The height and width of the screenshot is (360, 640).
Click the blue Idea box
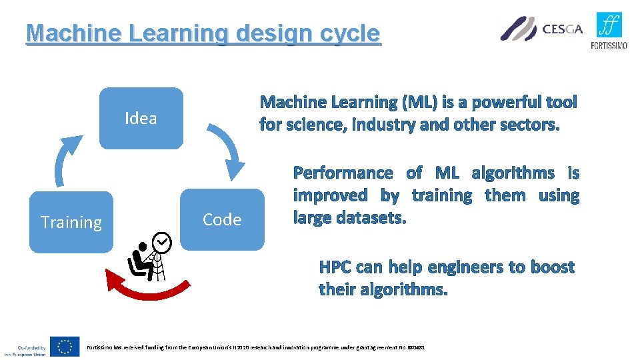(141, 118)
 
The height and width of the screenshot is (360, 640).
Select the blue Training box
(71, 222)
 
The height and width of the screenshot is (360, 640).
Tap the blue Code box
(222, 219)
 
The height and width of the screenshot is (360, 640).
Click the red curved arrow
(151, 291)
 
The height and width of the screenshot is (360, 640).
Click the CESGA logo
(541, 29)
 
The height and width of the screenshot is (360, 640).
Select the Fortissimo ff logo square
(609, 25)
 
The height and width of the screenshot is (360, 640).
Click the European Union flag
(65, 346)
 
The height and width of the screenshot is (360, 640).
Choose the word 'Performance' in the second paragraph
(343, 173)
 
